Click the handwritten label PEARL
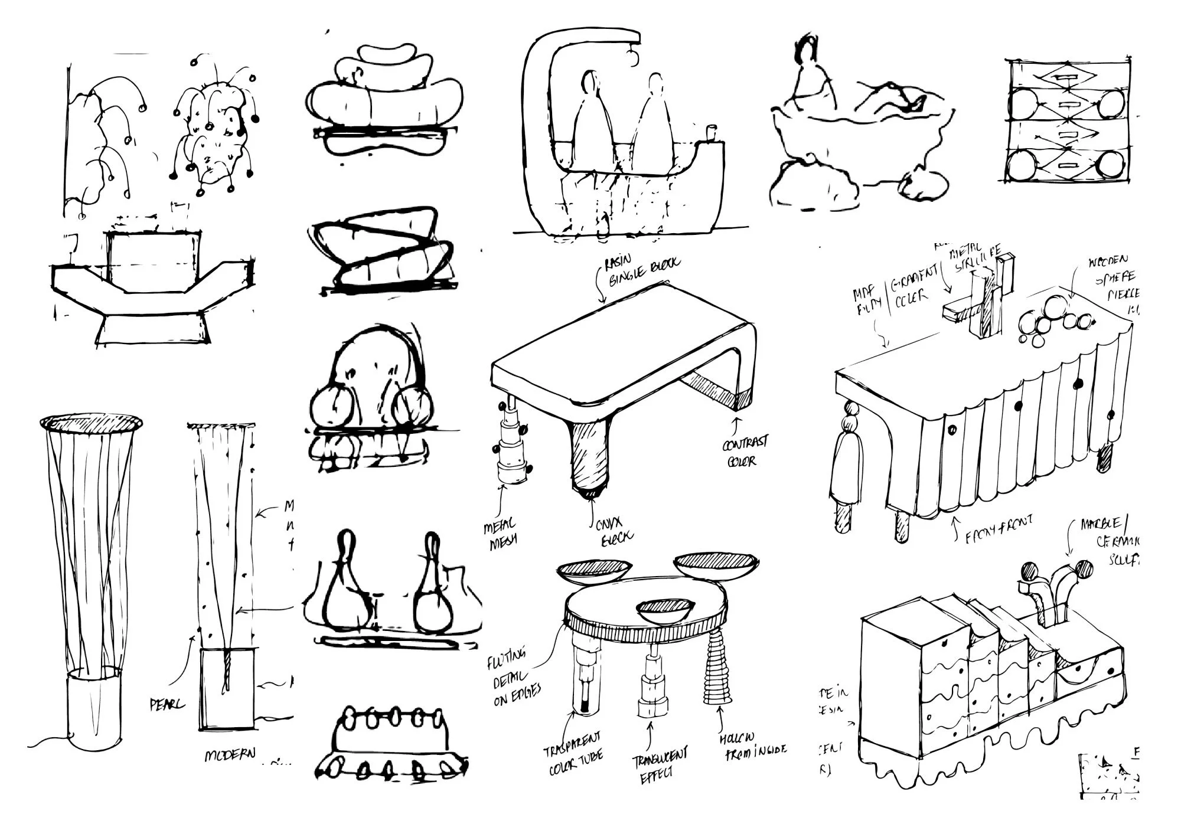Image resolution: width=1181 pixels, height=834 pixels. click(168, 704)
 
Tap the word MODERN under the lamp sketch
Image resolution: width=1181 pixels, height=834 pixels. click(230, 755)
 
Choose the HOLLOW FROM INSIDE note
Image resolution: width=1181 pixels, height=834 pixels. click(752, 745)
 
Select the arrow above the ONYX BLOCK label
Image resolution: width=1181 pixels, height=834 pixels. click(592, 512)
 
